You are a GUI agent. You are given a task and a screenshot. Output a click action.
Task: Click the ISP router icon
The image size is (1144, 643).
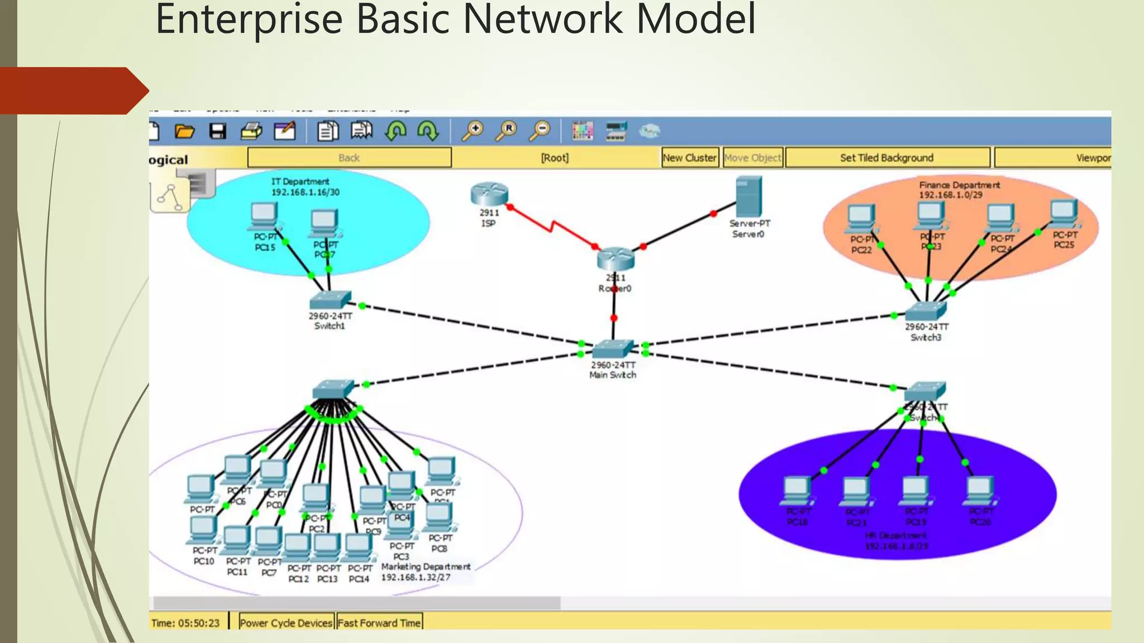coord(489,194)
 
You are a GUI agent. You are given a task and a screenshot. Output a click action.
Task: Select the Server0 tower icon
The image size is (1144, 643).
coord(749,196)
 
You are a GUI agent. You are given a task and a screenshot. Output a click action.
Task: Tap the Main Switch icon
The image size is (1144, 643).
coord(613,349)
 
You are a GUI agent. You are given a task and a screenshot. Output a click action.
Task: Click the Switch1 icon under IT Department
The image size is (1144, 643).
coord(330,300)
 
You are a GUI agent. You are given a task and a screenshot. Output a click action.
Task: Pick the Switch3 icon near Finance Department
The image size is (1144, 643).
coord(926,311)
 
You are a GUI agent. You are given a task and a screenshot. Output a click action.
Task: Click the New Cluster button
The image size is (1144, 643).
coord(689,158)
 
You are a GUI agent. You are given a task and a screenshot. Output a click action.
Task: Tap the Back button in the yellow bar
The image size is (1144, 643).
coord(349,158)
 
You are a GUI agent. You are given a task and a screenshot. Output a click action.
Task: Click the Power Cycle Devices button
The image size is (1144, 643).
coord(286,623)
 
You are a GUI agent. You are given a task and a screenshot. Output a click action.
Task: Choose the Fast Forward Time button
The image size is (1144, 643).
coord(379,623)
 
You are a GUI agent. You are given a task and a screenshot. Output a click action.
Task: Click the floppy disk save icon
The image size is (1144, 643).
coord(217,131)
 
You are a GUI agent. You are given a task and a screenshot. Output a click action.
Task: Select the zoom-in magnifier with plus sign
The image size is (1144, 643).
coord(473,131)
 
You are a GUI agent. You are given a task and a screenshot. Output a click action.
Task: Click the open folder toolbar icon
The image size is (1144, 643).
coord(184,131)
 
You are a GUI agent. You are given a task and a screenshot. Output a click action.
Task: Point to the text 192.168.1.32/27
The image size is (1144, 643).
coord(416,577)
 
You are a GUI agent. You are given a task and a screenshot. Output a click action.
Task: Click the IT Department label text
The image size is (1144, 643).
coord(300,181)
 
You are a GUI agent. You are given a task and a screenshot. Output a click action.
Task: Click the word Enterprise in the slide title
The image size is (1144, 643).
coord(249,20)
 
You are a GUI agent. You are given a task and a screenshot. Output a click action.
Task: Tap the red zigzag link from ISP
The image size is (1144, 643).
coord(552,227)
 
